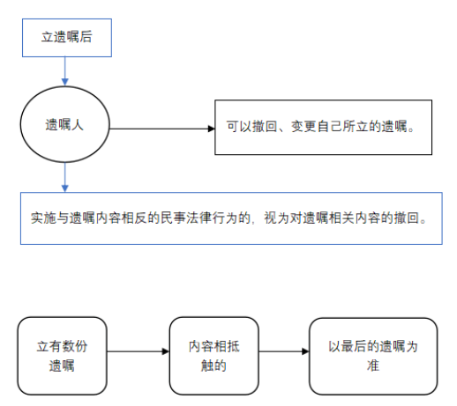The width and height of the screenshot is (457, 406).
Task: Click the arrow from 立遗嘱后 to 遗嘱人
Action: click(65, 71)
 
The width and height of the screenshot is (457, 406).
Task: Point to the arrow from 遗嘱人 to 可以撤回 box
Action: click(162, 129)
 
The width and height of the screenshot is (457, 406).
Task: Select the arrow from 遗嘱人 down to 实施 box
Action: click(65, 177)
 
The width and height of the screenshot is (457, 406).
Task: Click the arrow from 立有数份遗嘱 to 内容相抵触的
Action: click(139, 351)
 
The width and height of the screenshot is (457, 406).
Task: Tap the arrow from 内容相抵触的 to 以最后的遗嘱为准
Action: click(284, 351)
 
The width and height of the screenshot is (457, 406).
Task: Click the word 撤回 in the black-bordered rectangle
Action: click(265, 127)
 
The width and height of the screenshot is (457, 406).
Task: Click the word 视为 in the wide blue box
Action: click(277, 218)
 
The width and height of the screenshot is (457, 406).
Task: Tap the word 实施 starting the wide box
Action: click(43, 218)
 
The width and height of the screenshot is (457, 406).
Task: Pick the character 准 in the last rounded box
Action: click(373, 365)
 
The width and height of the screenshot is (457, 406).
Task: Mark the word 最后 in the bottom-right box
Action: click(354, 346)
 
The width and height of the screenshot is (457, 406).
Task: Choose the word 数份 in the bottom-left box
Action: click(75, 346)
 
